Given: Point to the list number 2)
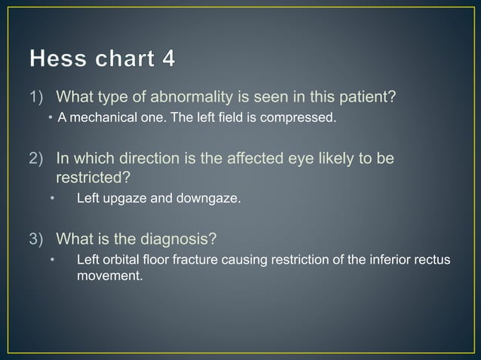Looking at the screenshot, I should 38,159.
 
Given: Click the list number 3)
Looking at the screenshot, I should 38,240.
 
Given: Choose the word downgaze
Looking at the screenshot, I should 207,200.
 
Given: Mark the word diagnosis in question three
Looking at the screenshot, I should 177,240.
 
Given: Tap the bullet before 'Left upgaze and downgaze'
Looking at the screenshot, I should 53,200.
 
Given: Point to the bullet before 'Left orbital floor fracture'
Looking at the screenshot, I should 53,261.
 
